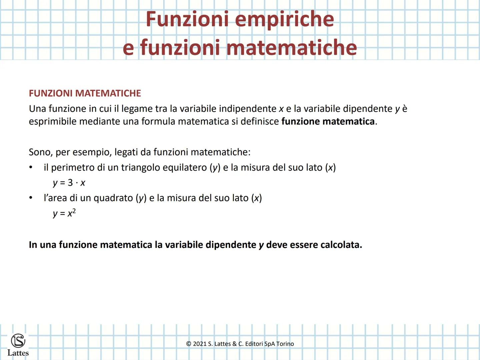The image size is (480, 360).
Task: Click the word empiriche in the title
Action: (284, 19)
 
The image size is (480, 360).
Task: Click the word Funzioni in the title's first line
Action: (188, 19)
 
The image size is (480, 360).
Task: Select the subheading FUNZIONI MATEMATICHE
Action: (85, 93)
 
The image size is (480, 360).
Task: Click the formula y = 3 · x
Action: (69, 183)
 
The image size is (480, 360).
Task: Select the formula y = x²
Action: (64, 213)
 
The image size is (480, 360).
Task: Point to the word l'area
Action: (55, 198)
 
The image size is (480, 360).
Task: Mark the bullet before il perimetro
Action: (31, 167)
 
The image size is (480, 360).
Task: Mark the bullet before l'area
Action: (31, 198)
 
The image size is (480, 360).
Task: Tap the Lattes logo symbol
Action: (18, 341)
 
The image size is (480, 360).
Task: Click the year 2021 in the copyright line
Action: (200, 344)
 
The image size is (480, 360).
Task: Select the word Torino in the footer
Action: (285, 344)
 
